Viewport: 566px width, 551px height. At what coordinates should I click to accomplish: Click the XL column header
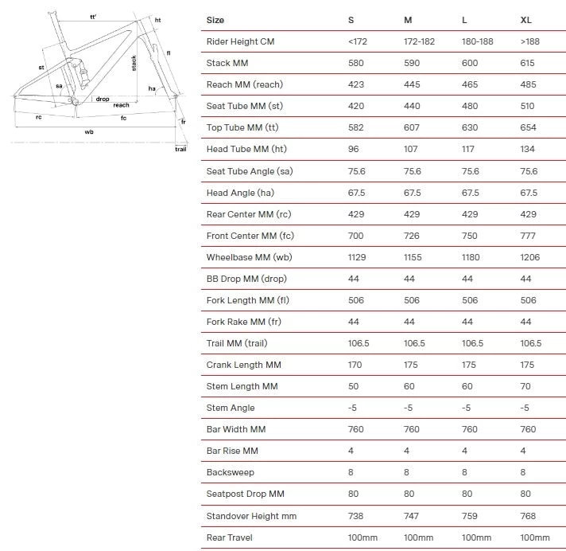pyautogui.click(x=525, y=20)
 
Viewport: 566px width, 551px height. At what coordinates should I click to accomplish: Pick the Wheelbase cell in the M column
pyautogui.click(x=414, y=257)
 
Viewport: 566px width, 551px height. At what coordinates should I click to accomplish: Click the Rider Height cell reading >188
pyautogui.click(x=529, y=41)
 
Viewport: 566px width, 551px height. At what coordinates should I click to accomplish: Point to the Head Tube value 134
pyautogui.click(x=528, y=149)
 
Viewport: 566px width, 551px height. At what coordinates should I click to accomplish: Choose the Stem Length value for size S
pyautogui.click(x=354, y=386)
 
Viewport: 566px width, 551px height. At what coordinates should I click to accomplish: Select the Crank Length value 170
pyautogui.click(x=355, y=365)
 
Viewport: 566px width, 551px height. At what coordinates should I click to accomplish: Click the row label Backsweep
pyautogui.click(x=229, y=472)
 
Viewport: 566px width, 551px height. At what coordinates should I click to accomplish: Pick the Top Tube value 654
pyautogui.click(x=528, y=127)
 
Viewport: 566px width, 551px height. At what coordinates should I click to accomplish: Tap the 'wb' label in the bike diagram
pyautogui.click(x=90, y=131)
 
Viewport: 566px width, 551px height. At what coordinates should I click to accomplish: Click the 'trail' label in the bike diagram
pyautogui.click(x=180, y=149)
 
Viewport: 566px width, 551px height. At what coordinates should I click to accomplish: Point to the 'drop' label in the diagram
pyautogui.click(x=103, y=99)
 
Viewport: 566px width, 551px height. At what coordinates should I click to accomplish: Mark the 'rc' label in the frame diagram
pyautogui.click(x=38, y=117)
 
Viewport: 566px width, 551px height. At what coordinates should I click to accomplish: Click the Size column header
pyautogui.click(x=215, y=20)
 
